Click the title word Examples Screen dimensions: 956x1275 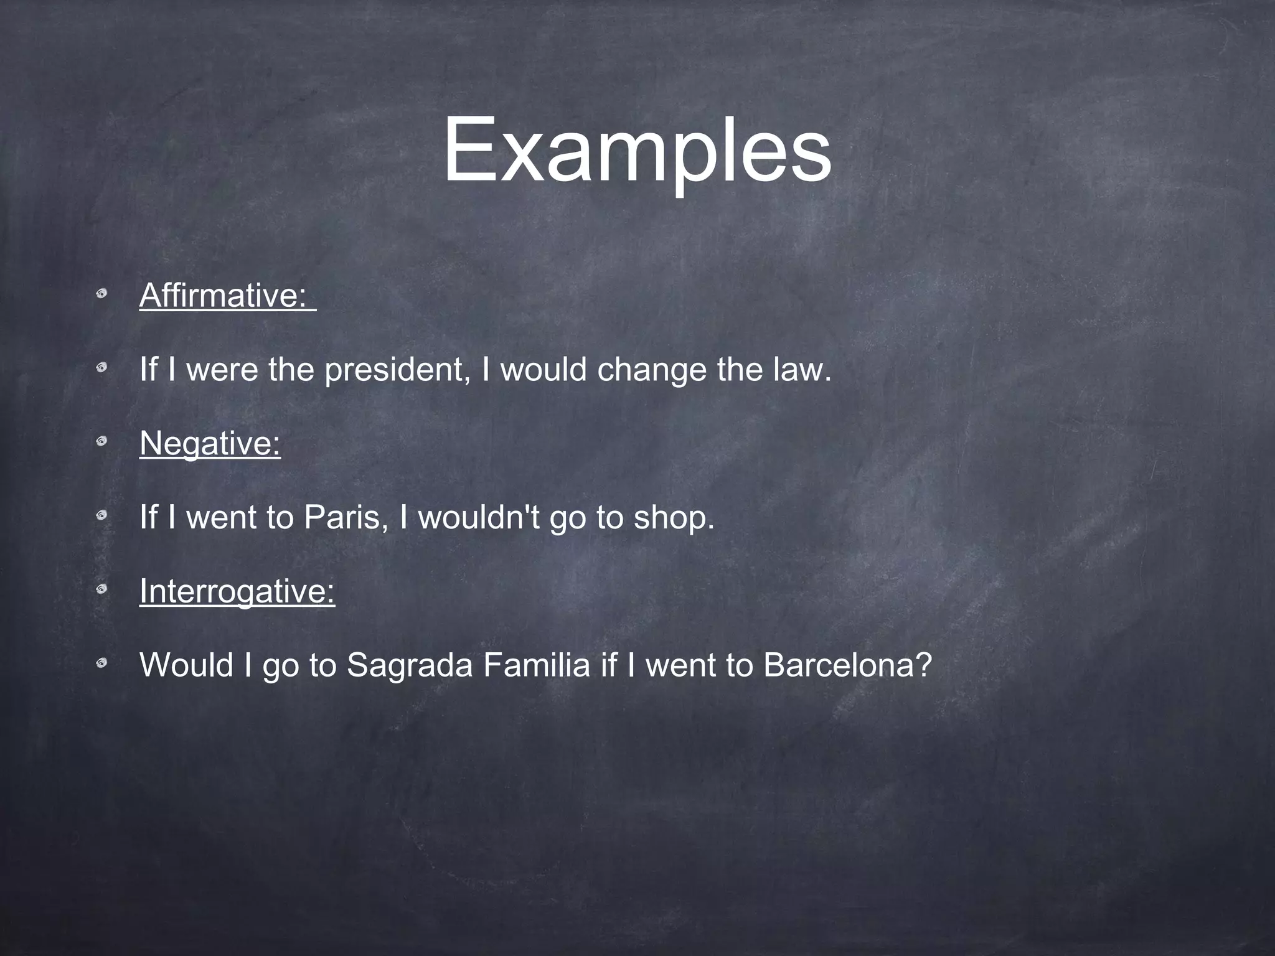636,152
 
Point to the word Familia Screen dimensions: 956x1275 536,665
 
